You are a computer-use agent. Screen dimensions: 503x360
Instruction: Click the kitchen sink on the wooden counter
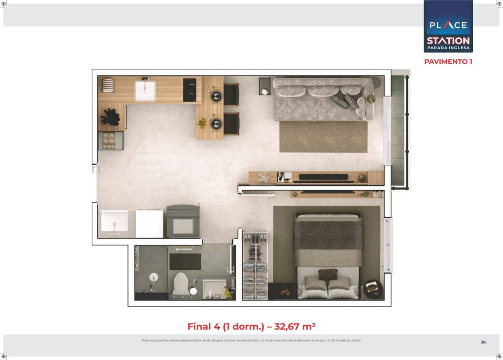(145, 91)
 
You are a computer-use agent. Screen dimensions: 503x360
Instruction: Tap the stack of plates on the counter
(108, 85)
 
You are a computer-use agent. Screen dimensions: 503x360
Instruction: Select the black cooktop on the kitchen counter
(189, 90)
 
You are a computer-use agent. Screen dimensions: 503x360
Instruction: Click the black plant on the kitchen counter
(110, 117)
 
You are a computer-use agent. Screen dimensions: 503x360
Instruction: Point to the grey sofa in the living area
(323, 99)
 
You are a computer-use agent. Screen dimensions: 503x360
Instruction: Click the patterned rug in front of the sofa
(323, 137)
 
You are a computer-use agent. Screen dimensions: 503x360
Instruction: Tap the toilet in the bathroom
(181, 284)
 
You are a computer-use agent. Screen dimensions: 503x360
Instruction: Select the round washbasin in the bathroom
(153, 277)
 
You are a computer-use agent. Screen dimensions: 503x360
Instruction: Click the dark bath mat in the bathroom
(185, 262)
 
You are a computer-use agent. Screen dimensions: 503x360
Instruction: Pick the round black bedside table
(373, 289)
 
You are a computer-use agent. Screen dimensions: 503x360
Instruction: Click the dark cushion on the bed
(328, 274)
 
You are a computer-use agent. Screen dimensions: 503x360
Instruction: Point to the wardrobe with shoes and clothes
(255, 266)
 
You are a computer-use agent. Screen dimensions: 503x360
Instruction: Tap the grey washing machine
(183, 221)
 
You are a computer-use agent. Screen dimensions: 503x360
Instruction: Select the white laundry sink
(114, 221)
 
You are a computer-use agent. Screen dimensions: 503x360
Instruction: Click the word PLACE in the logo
(448, 25)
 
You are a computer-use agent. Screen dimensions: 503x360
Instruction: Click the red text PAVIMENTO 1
(448, 62)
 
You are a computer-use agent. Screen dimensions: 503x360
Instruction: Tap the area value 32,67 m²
(295, 326)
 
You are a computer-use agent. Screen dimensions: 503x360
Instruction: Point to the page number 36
(483, 342)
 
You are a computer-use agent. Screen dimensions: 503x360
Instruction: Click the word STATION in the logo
(448, 41)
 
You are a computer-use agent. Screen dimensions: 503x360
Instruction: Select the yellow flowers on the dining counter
(202, 123)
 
